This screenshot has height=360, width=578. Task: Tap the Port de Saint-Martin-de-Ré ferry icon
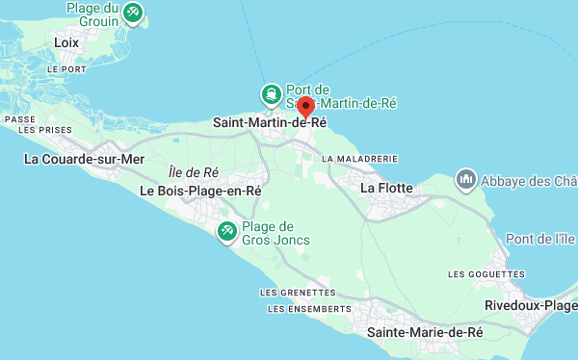pos(272,94)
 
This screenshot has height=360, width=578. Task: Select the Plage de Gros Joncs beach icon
pos(227,230)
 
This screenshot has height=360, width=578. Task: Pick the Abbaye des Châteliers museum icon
pos(466,180)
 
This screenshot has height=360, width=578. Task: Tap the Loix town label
pos(66,42)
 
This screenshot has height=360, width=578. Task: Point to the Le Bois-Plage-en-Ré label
pos(200,192)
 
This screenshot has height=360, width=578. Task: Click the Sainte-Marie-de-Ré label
pos(425,332)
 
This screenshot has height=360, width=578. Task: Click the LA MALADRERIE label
pos(360,158)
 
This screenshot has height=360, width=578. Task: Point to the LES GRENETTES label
pos(298,292)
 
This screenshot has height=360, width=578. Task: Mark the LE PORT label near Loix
pos(66,69)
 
